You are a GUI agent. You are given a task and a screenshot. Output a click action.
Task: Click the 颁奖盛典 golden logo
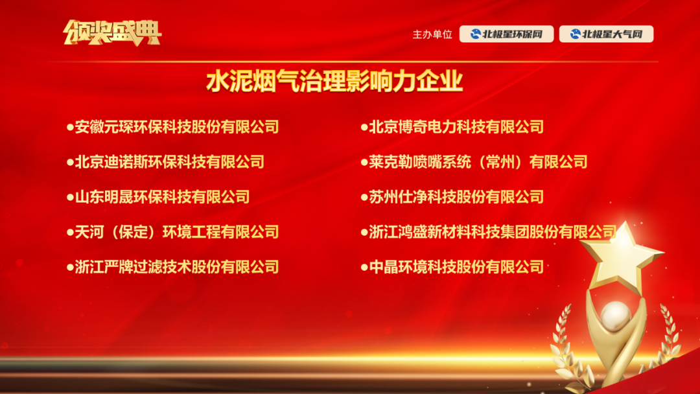(x=112, y=32)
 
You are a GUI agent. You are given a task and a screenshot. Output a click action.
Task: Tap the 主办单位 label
(x=432, y=34)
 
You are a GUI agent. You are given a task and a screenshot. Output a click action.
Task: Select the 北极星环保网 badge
(x=506, y=34)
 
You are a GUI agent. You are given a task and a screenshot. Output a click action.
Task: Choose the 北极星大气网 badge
(x=606, y=34)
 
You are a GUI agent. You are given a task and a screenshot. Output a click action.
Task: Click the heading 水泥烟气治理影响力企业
(x=334, y=81)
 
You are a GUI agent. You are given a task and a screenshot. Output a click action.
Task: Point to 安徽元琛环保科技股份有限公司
(x=177, y=127)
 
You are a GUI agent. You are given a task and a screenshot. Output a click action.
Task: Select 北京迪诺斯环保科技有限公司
(x=170, y=162)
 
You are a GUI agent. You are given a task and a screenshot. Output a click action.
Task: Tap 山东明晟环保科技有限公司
(x=163, y=197)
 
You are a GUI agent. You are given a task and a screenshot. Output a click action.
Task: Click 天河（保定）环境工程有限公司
(x=177, y=232)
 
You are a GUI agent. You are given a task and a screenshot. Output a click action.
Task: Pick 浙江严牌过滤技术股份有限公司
(x=177, y=267)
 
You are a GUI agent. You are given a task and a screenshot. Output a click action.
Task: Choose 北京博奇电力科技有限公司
(x=456, y=127)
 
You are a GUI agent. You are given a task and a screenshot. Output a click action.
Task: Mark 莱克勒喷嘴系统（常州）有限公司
(x=478, y=162)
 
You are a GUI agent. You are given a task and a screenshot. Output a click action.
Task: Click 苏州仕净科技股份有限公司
(x=456, y=197)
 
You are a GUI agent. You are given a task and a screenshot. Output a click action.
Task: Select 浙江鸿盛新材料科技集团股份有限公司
(x=493, y=232)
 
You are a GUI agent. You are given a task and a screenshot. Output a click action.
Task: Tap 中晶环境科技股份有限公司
(x=456, y=267)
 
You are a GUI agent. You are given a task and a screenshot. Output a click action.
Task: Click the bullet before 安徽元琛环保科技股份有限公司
(x=70, y=128)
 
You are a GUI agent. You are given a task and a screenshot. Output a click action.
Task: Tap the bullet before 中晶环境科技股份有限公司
(x=364, y=267)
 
